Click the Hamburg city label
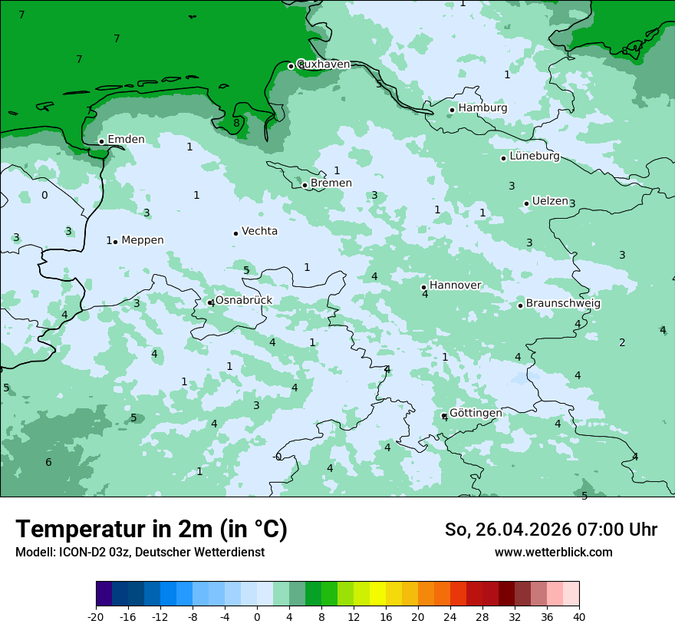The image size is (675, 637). pos(482,108)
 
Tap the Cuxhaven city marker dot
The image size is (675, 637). pos(291,66)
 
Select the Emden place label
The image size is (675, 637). pos(126,139)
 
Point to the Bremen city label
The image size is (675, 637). pos(331,183)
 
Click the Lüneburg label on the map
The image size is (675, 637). pos(534,156)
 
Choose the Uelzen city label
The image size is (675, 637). pos(550,201)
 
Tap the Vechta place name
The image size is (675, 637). pos(259,231)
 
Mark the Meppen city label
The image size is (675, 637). pos(142,240)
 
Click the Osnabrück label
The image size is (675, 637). pos(243,300)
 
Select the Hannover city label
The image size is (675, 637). pos(455,285)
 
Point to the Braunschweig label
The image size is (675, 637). pos(563,303)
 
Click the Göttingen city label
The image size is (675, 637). pos(476,413)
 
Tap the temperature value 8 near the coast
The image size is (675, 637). pos(236,123)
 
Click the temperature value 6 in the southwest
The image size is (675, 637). pos(48,462)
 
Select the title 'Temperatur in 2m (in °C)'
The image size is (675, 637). pos(151,530)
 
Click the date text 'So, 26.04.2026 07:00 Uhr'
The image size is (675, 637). pos(551,530)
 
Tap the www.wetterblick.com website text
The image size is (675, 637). pos(553,553)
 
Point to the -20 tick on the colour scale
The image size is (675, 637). pos(96,617)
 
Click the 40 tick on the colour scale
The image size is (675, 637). pos(579,617)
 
